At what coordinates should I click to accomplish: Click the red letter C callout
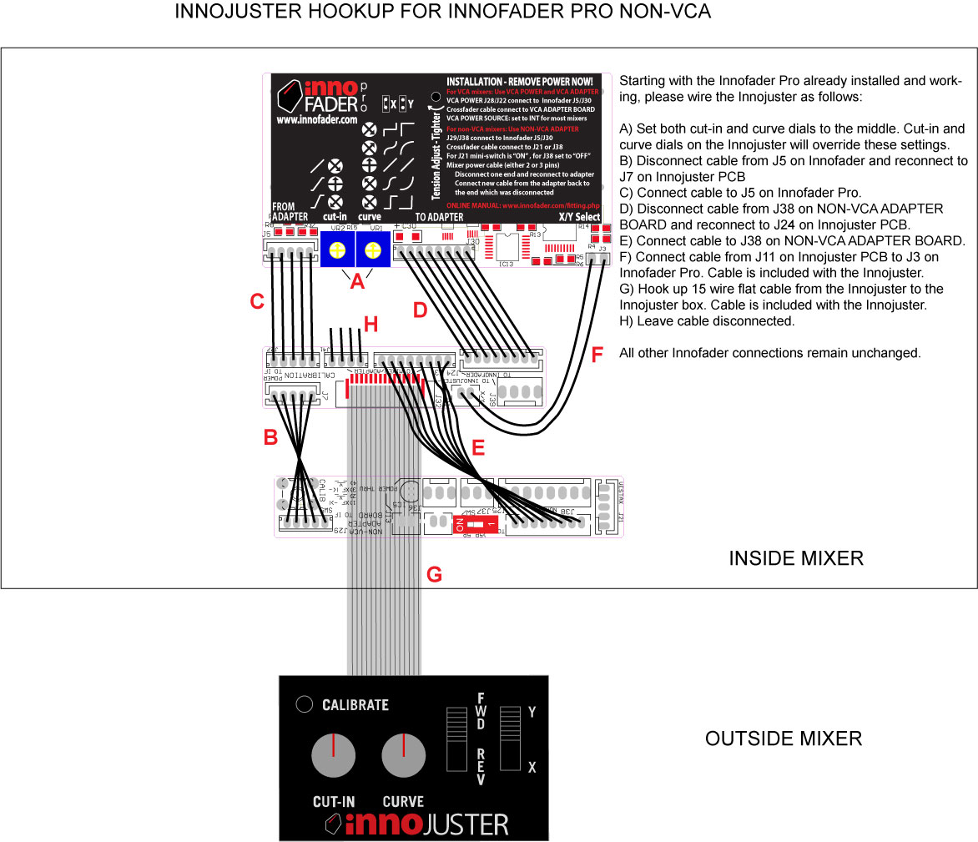(258, 302)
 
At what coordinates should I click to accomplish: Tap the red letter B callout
(270, 436)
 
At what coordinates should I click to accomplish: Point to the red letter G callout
(434, 574)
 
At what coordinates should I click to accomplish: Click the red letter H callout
(371, 322)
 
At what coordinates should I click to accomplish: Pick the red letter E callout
(477, 448)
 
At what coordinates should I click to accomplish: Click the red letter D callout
(421, 310)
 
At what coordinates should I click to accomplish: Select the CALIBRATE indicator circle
(305, 703)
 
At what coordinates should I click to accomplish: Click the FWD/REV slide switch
(455, 739)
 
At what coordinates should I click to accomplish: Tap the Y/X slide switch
(509, 739)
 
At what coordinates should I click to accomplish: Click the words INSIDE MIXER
(795, 558)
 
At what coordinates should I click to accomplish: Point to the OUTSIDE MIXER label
(784, 739)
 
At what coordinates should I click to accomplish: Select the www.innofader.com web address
(316, 120)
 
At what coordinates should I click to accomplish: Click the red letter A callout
(357, 282)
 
